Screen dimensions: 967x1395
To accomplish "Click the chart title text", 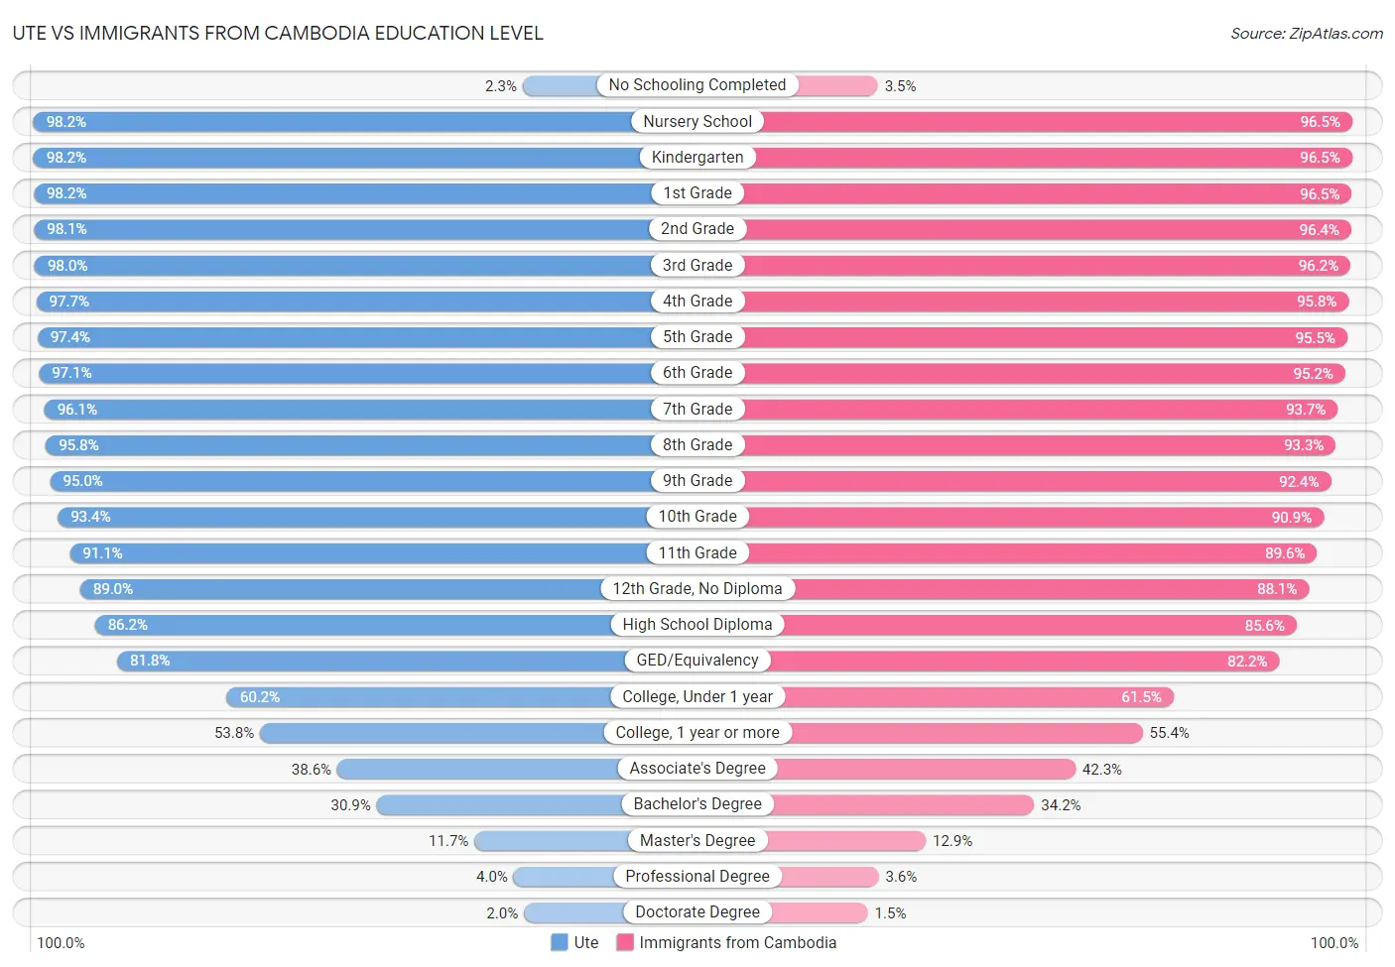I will coord(278,33).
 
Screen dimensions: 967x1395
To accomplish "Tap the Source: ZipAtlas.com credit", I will coord(1306,34).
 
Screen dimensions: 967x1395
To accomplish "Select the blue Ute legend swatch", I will coord(560,942).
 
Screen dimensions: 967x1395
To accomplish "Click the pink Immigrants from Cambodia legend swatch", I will coord(625,942).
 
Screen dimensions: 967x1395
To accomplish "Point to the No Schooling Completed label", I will coord(697,85).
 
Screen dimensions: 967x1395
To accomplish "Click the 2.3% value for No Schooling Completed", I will coord(500,86).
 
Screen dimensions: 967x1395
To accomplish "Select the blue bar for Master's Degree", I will coord(551,841).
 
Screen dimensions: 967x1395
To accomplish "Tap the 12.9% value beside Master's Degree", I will coord(952,841).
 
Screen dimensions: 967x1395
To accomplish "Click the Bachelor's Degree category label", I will coord(697,804).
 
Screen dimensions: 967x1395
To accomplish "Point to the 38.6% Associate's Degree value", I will coord(312,770).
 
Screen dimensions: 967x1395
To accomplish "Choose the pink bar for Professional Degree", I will coord(829,877).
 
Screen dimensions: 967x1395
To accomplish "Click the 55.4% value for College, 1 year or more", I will coord(1169,733).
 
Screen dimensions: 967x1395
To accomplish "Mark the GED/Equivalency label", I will coord(697,661).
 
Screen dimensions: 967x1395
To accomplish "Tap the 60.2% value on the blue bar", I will coord(260,697).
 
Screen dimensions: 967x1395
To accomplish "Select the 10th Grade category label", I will coord(697,517).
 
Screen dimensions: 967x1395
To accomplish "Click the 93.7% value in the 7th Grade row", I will coord(1305,410).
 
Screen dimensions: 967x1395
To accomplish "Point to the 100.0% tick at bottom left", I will coord(61,943).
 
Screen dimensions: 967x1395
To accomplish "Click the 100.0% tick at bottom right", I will coord(1333,943).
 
